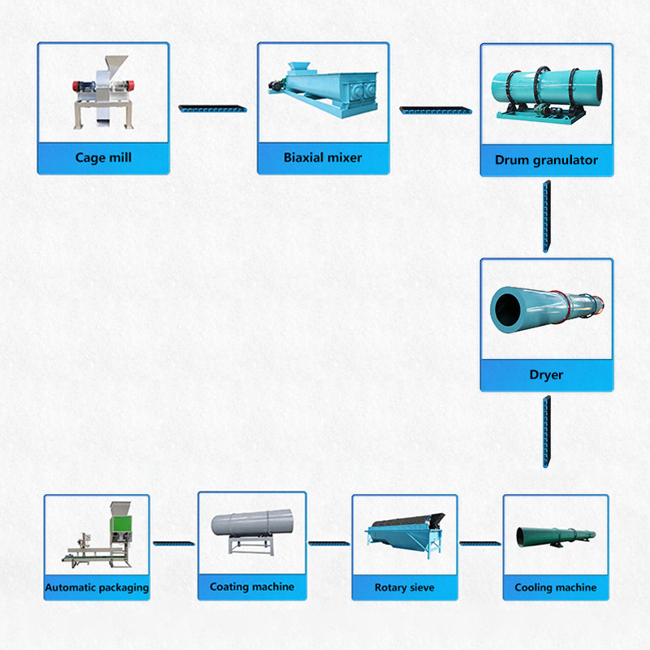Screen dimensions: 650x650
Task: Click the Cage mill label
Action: click(x=102, y=158)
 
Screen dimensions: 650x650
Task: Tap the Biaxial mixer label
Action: click(x=323, y=158)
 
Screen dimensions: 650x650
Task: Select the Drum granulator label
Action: click(x=546, y=160)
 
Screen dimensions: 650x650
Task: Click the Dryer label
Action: click(x=546, y=375)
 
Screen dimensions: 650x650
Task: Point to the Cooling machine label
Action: click(x=555, y=587)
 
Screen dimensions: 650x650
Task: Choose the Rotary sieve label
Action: click(x=404, y=587)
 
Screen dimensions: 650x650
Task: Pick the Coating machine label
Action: click(x=252, y=587)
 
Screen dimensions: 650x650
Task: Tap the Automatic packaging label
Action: click(x=97, y=587)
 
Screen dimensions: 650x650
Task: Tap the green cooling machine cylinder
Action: click(x=552, y=535)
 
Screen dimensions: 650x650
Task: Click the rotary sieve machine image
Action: click(x=404, y=532)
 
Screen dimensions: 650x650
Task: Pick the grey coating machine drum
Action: click(x=252, y=525)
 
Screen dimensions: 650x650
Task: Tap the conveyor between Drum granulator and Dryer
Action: click(x=547, y=217)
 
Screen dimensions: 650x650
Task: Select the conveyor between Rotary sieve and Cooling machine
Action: click(x=480, y=542)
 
